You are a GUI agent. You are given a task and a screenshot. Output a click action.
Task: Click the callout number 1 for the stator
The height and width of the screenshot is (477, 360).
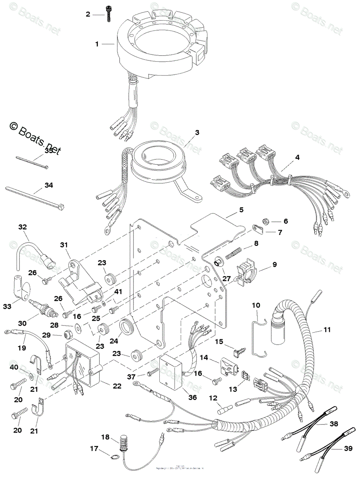[x=96, y=44]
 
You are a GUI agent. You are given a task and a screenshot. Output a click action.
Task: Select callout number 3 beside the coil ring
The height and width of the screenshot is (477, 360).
[x=197, y=133]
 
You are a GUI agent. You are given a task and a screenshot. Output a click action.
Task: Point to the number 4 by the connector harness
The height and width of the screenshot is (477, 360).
[x=297, y=157]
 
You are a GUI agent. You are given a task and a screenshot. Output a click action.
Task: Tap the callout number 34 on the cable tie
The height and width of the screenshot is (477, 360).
[x=48, y=185]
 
